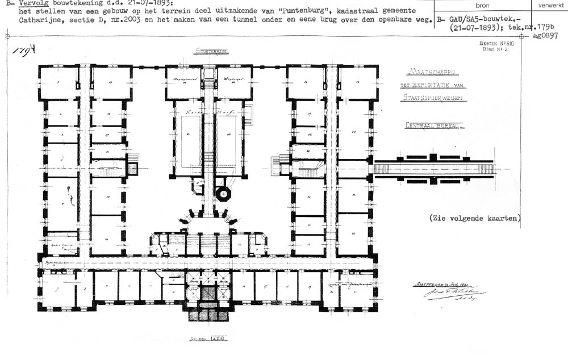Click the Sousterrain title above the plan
pyautogui.click(x=212, y=51)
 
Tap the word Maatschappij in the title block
pyautogui.click(x=435, y=73)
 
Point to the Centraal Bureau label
pyautogui.click(x=433, y=125)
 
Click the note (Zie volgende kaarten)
pyautogui.click(x=475, y=217)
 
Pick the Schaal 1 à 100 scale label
pyautogui.click(x=207, y=339)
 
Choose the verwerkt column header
pyautogui.click(x=548, y=5)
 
